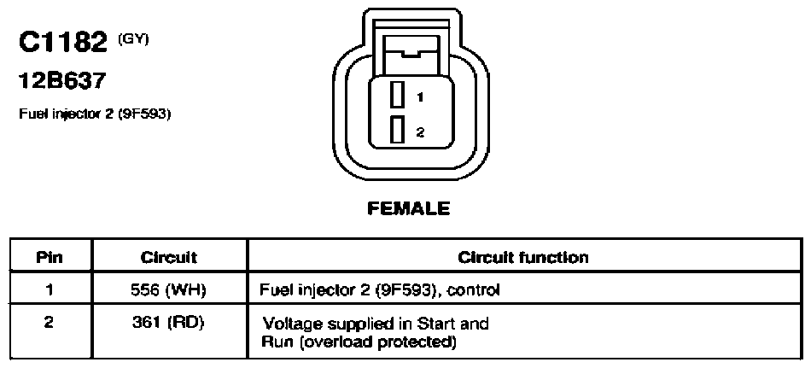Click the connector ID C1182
pyautogui.click(x=62, y=43)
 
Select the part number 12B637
pyautogui.click(x=62, y=81)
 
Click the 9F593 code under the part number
pyautogui.click(x=144, y=114)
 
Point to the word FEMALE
pyautogui.click(x=409, y=208)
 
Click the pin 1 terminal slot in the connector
pyautogui.click(x=397, y=96)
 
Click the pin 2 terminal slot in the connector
pyautogui.click(x=397, y=130)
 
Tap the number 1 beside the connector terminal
pyautogui.click(x=420, y=96)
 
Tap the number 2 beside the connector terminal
pyautogui.click(x=420, y=132)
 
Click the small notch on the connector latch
pyautogui.click(x=411, y=52)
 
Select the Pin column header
pyautogui.click(x=50, y=257)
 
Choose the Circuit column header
pyautogui.click(x=169, y=257)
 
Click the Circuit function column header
pyautogui.click(x=523, y=257)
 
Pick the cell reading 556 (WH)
pyautogui.click(x=169, y=290)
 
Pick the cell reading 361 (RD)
pyautogui.click(x=167, y=323)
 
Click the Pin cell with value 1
pyautogui.click(x=50, y=290)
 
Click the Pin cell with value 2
pyautogui.click(x=50, y=323)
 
